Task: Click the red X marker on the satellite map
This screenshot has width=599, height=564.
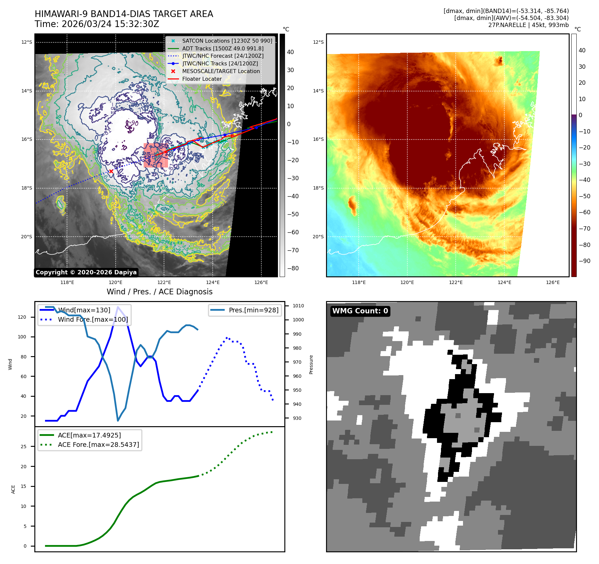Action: (x=111, y=171)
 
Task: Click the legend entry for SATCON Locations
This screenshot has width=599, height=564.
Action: (x=227, y=41)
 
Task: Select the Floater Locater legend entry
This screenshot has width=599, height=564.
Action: (x=202, y=79)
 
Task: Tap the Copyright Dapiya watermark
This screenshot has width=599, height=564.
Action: (x=86, y=272)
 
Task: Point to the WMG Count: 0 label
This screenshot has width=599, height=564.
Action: (x=360, y=311)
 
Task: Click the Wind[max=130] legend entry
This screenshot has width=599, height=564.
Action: (x=84, y=310)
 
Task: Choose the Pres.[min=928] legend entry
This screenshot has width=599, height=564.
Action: (x=253, y=310)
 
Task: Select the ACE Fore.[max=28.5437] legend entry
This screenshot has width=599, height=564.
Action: (x=98, y=445)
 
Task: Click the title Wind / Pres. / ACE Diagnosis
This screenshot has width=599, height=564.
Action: (x=159, y=292)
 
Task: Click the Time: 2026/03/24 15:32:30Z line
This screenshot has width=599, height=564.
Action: (x=97, y=24)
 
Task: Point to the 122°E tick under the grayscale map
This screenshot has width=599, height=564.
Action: (x=164, y=282)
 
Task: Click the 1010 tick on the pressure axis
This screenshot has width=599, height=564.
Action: (x=298, y=306)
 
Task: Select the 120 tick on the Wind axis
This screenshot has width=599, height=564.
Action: (x=22, y=317)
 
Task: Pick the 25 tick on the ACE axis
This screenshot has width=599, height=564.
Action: (x=23, y=447)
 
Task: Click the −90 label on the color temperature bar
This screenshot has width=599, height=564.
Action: (x=584, y=261)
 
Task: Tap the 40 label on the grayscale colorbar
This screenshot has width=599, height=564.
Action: (x=290, y=52)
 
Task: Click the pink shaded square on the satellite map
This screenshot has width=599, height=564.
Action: (x=156, y=155)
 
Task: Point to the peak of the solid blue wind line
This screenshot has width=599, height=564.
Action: (x=118, y=307)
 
